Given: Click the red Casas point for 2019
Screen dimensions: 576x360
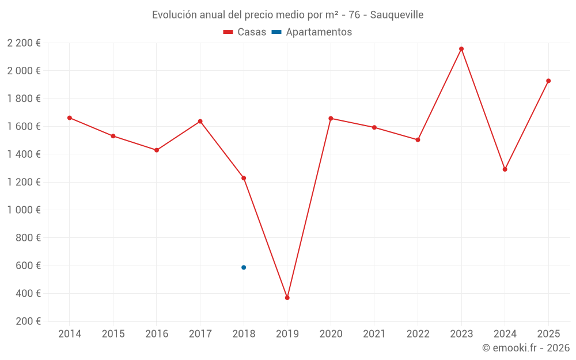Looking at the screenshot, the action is click(x=287, y=298).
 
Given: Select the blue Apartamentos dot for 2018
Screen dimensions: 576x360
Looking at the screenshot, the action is click(x=244, y=267).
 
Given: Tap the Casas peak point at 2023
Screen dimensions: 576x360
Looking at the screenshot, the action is click(x=461, y=49).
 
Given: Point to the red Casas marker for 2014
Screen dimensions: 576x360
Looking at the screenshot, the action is click(x=70, y=118).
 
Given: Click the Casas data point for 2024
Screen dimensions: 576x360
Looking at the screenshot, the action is click(x=505, y=169).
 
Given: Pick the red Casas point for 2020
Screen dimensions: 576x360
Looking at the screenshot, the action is click(x=331, y=118).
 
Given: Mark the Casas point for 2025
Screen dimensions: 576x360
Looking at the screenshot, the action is click(x=548, y=81).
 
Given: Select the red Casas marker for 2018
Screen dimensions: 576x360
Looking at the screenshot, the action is click(x=244, y=178).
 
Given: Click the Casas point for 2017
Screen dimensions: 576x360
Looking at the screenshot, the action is click(x=200, y=122).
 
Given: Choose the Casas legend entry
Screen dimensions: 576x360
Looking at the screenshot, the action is click(x=245, y=32).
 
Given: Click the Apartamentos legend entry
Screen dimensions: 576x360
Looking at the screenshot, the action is click(x=312, y=32).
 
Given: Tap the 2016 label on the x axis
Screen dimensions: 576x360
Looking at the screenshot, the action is click(x=157, y=334).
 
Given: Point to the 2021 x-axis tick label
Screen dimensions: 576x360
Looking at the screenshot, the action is click(x=374, y=334).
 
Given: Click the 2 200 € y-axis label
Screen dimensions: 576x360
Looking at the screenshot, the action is click(x=24, y=43).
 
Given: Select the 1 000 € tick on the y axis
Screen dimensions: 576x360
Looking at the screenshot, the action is click(x=24, y=210).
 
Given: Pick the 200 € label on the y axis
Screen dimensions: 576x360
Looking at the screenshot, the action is click(x=28, y=321).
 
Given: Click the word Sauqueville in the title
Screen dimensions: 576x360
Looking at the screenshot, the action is click(x=397, y=15).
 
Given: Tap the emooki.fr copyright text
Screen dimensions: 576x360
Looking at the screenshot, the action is click(x=526, y=347).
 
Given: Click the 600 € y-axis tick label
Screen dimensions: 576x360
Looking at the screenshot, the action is click(x=28, y=266).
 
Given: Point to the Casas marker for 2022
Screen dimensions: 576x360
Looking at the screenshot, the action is click(x=418, y=140).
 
